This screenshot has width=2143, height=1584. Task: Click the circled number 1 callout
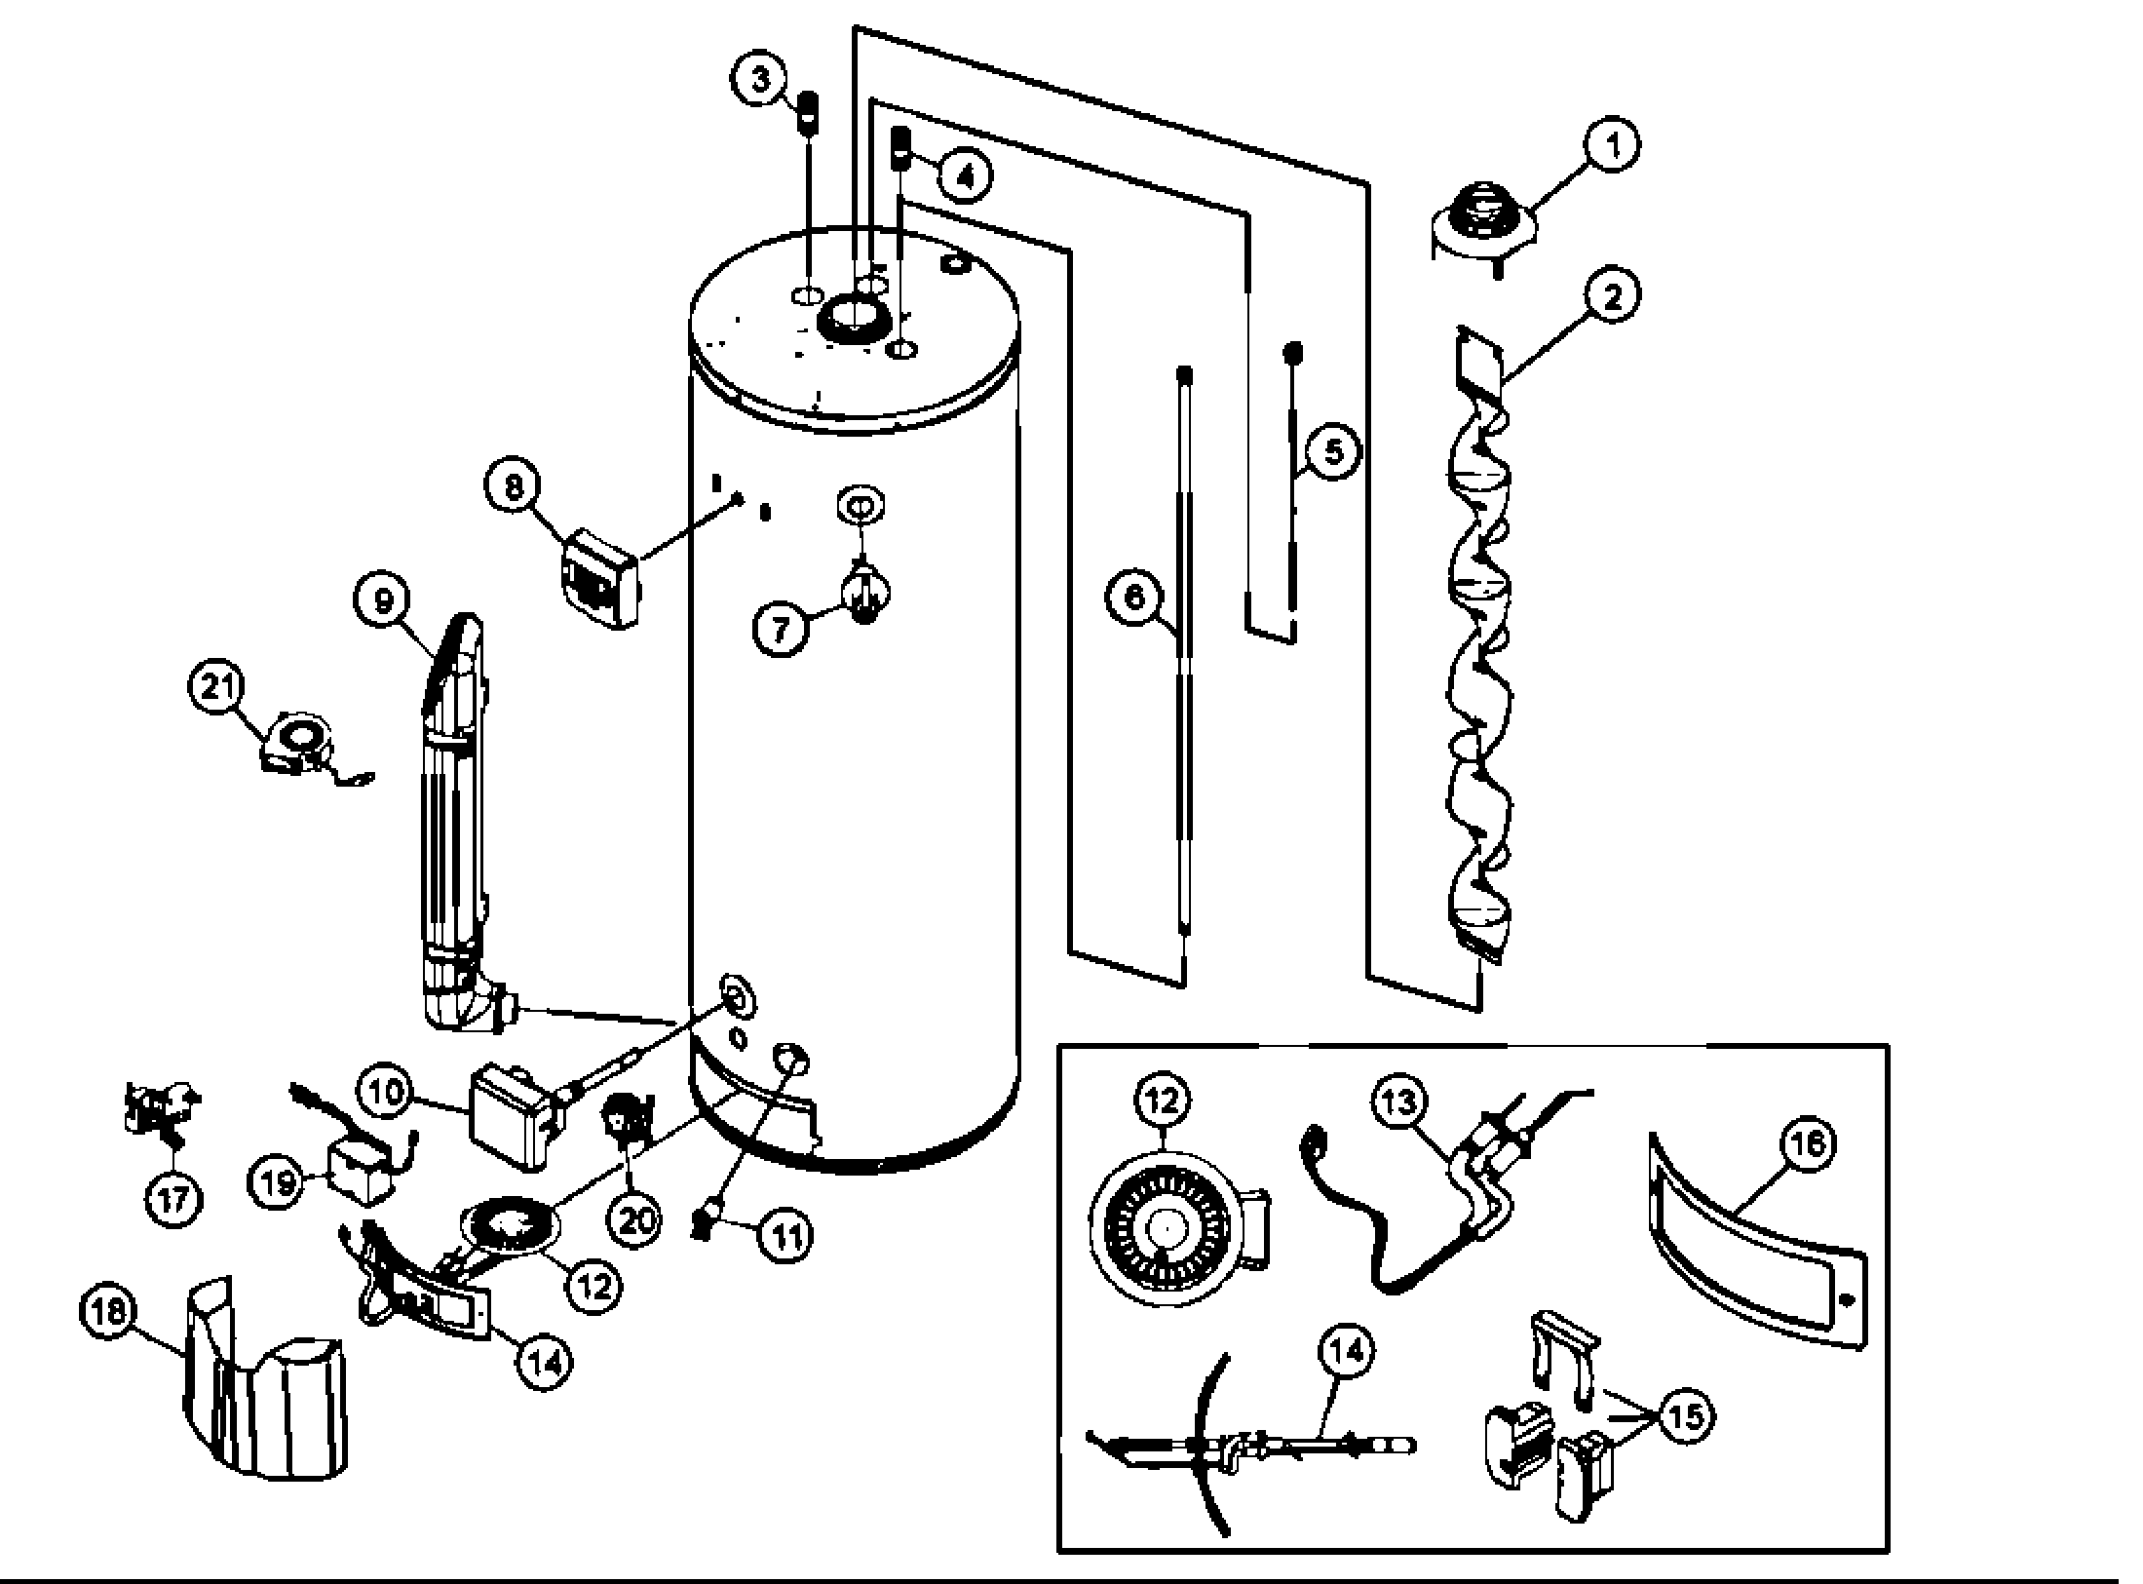pyautogui.click(x=1612, y=145)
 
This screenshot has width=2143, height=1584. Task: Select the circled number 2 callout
pyautogui.click(x=1612, y=294)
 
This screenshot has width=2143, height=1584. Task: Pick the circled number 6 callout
pyautogui.click(x=1135, y=597)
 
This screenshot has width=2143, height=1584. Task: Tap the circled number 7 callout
pyautogui.click(x=781, y=629)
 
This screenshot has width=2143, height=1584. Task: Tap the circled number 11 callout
pyautogui.click(x=787, y=1236)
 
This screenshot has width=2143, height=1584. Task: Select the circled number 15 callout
pyautogui.click(x=1686, y=1416)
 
